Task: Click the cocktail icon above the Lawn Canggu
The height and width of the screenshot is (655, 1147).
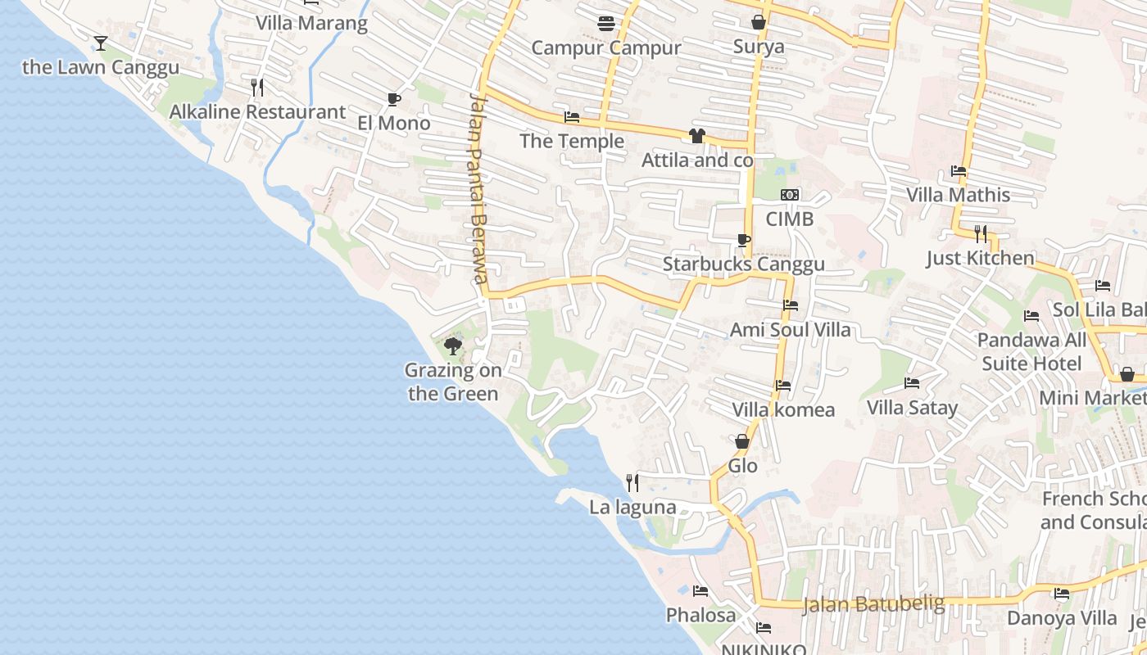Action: click(x=101, y=43)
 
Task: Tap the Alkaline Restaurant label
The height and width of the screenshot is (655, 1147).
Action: click(x=257, y=112)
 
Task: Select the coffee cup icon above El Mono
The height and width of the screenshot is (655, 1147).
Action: click(x=393, y=100)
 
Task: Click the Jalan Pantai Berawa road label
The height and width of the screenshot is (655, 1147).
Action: click(x=478, y=188)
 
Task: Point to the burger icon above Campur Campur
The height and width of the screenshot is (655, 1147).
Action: click(x=606, y=24)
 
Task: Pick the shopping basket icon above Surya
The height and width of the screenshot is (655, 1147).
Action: click(x=759, y=22)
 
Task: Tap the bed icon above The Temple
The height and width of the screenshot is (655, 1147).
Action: click(x=572, y=117)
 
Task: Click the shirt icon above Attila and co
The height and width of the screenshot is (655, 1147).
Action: click(x=697, y=136)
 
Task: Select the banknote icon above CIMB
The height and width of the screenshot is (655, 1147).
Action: click(x=790, y=195)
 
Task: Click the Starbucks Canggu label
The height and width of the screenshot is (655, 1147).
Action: click(x=743, y=264)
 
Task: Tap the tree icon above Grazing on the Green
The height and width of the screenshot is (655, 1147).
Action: click(x=452, y=346)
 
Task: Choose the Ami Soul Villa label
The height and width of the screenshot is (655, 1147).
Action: click(x=790, y=330)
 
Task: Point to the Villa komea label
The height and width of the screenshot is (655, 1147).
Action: click(x=783, y=409)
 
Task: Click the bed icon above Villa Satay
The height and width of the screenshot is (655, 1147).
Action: click(x=912, y=383)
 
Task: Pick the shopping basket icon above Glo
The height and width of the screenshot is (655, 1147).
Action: click(x=742, y=441)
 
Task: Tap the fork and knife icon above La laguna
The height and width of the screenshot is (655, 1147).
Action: click(x=632, y=483)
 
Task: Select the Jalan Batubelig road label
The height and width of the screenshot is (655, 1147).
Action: click(x=873, y=605)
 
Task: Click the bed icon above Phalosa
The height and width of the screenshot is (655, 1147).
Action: click(x=700, y=590)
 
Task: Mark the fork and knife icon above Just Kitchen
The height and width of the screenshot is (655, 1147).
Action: click(x=981, y=234)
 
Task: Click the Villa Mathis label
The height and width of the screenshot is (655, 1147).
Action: click(x=958, y=195)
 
